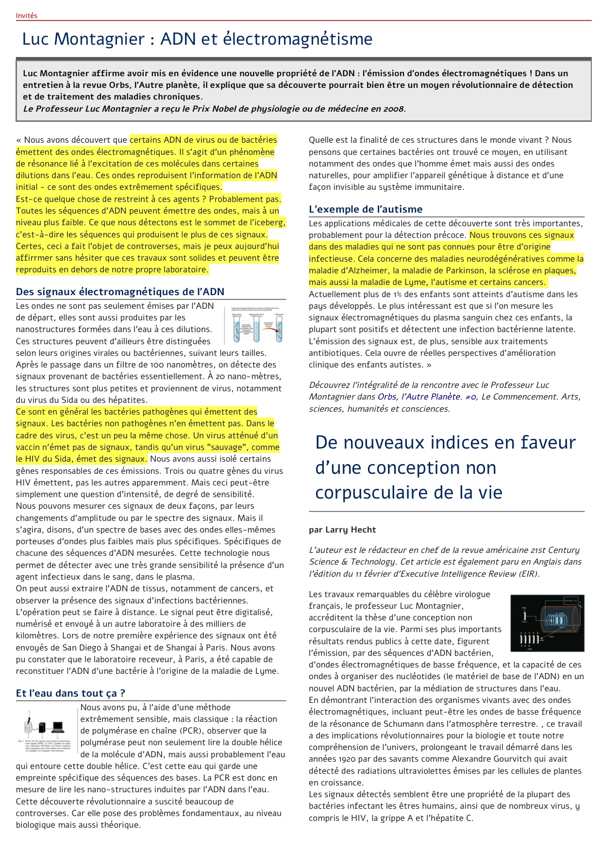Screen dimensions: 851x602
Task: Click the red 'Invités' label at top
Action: (x=26, y=16)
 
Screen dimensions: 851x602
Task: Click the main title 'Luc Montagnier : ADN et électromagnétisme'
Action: (x=197, y=39)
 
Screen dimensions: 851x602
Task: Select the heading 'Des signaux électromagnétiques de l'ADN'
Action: (x=120, y=292)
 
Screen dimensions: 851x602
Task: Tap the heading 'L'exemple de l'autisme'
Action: (x=366, y=209)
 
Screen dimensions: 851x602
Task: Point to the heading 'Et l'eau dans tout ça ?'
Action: (x=70, y=693)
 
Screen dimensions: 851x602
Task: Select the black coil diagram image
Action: (x=547, y=623)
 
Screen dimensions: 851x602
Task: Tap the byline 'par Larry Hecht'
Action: (x=342, y=530)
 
